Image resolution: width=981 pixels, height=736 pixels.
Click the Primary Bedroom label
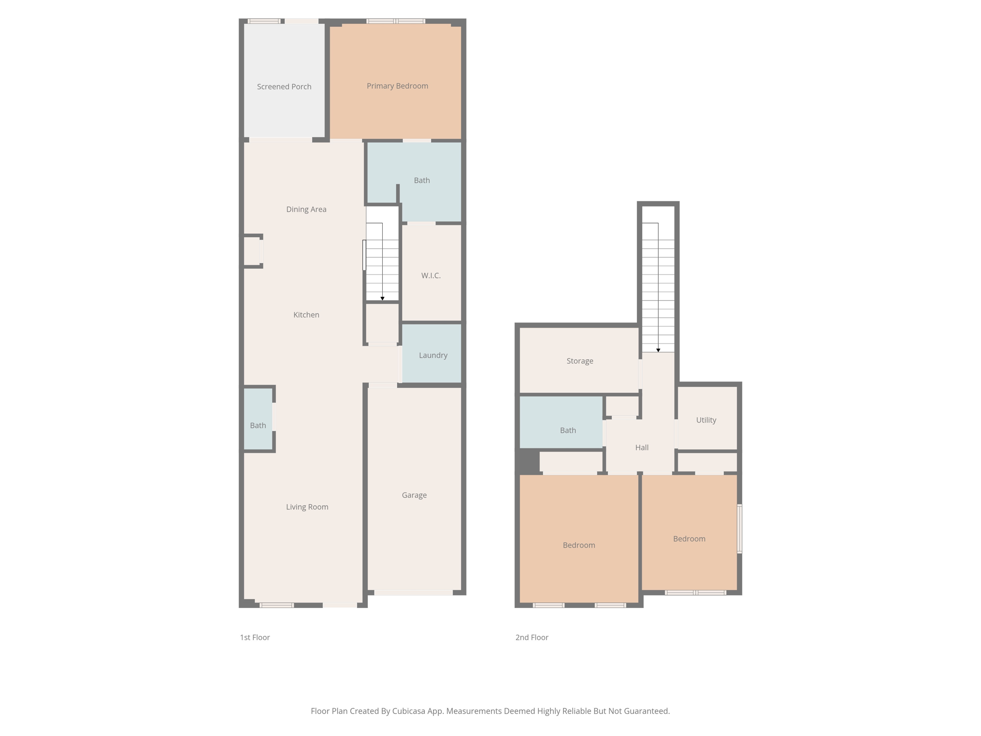click(x=397, y=86)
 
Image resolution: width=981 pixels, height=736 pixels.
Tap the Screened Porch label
click(x=284, y=87)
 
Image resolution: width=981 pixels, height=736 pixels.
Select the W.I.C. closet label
click(x=431, y=276)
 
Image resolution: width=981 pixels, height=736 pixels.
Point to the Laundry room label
click(x=433, y=356)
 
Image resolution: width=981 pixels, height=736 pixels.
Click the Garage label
click(x=414, y=495)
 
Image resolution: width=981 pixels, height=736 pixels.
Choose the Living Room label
click(x=307, y=507)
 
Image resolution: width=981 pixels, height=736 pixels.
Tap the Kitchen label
click(x=306, y=315)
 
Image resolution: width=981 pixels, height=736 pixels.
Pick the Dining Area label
click(x=306, y=209)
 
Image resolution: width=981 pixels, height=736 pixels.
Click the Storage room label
click(x=580, y=361)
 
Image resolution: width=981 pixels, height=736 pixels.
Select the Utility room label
click(x=706, y=420)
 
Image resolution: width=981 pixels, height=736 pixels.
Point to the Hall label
click(x=642, y=448)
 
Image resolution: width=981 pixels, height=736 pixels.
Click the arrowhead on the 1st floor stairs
click(x=382, y=299)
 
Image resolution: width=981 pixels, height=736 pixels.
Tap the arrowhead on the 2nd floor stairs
click(x=658, y=350)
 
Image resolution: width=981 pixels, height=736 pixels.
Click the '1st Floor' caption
click(x=255, y=637)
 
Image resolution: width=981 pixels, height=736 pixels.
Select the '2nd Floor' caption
click(x=532, y=637)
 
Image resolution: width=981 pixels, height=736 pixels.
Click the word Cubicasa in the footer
click(x=410, y=711)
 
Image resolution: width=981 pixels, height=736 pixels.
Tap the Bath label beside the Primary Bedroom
click(x=422, y=181)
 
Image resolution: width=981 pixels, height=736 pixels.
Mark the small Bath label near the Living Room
click(x=258, y=425)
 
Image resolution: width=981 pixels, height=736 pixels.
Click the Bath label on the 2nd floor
click(x=568, y=430)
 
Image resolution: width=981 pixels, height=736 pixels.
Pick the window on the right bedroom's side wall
click(x=740, y=529)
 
